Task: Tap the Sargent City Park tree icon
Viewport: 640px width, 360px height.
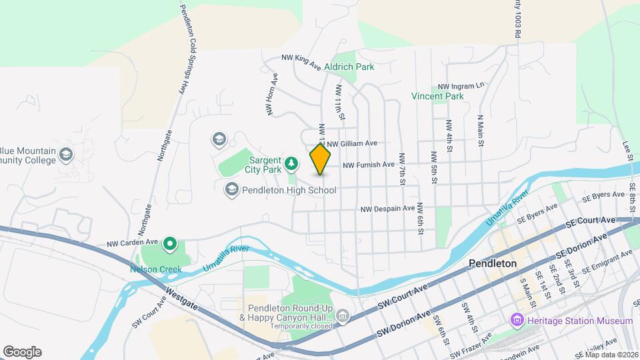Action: click(x=291, y=163)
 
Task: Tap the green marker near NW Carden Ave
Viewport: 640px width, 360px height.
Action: click(x=170, y=245)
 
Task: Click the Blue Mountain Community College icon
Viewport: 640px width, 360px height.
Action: click(x=65, y=155)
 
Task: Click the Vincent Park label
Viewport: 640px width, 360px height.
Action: click(x=437, y=96)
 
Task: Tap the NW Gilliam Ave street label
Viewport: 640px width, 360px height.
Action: click(x=352, y=143)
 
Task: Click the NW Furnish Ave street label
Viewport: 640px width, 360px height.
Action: click(x=369, y=165)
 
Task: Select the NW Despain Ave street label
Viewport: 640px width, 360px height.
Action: click(x=388, y=209)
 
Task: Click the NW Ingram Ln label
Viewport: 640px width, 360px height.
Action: click(x=460, y=87)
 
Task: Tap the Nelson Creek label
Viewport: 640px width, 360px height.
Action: click(x=147, y=269)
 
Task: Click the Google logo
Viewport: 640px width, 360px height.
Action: click(x=22, y=351)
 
